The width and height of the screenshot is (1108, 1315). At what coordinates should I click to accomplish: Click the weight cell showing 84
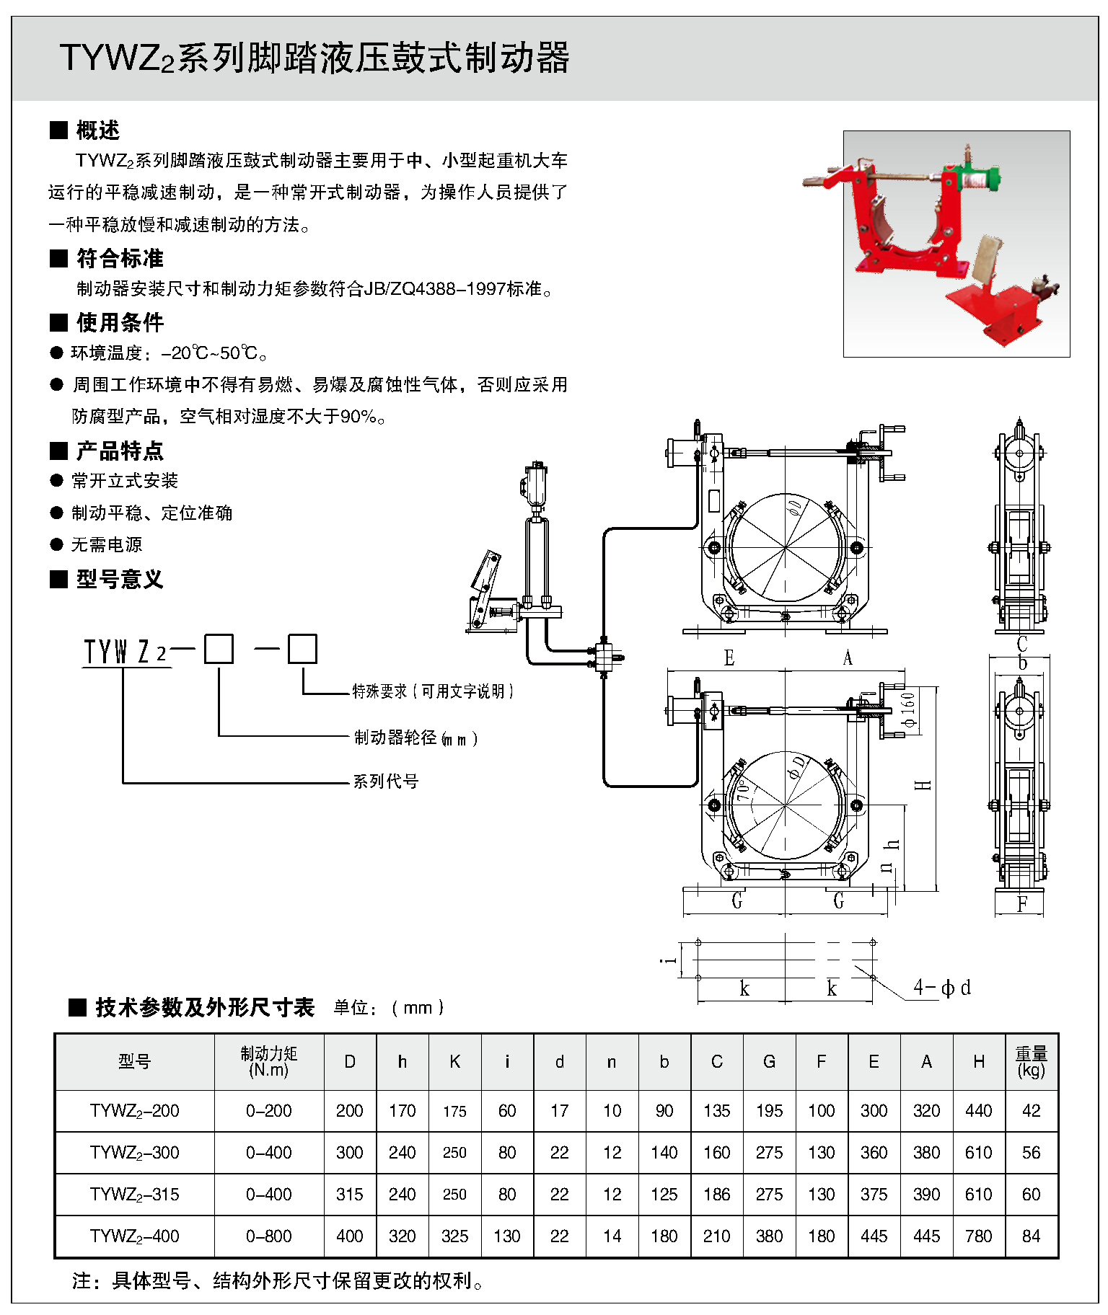click(1031, 1236)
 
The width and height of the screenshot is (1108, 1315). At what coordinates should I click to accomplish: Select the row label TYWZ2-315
click(135, 1195)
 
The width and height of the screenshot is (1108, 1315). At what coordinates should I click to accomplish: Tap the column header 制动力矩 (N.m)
click(268, 1061)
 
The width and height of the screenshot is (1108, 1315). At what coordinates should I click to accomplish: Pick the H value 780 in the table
click(978, 1236)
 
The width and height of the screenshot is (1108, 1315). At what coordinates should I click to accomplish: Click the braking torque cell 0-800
click(268, 1236)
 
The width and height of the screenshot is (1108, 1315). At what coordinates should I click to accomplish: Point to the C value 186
click(716, 1195)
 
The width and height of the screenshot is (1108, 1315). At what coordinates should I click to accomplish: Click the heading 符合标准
click(120, 258)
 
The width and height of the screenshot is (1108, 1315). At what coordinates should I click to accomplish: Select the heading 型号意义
click(120, 579)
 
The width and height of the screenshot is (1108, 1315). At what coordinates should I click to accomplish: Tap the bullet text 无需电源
click(107, 545)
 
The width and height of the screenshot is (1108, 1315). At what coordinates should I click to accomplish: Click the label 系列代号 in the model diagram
click(386, 782)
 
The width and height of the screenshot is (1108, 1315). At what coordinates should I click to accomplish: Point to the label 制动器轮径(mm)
click(415, 738)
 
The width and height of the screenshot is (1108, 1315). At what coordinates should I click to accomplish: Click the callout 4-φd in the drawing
click(941, 987)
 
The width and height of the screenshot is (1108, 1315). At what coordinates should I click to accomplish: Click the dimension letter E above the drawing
click(729, 658)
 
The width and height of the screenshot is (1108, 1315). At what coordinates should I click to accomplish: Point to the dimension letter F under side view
click(1021, 904)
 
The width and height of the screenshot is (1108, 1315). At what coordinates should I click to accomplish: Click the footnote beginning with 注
click(278, 1281)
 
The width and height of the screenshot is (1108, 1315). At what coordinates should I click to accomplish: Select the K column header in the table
click(454, 1061)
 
